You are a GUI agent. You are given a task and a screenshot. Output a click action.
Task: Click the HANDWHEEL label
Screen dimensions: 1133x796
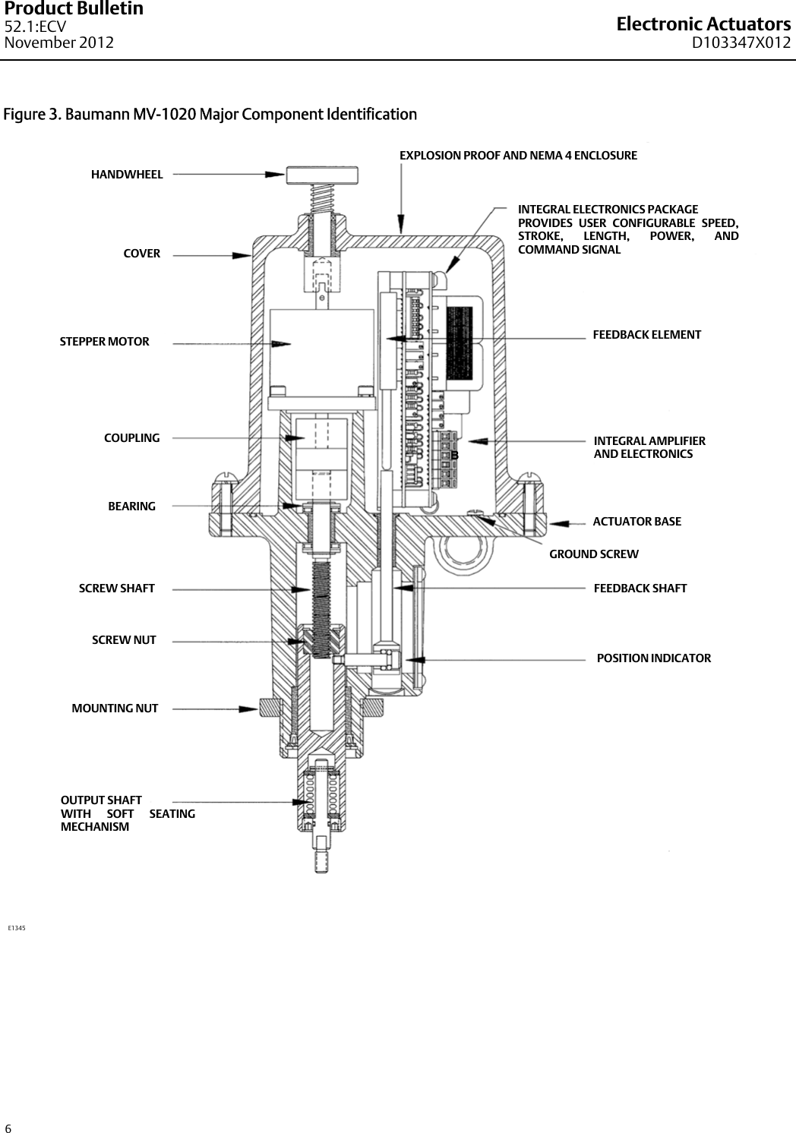pos(127,175)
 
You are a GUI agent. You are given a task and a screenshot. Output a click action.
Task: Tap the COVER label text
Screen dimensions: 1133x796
pos(142,254)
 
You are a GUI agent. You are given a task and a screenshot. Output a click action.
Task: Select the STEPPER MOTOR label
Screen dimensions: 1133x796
pos(105,342)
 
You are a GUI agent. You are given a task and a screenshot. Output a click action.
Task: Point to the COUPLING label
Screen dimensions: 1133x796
pos(132,438)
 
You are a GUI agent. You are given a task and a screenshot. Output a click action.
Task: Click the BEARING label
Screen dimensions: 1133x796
pos(132,507)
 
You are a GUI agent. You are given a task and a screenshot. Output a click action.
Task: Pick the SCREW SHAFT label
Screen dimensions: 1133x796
pos(117,589)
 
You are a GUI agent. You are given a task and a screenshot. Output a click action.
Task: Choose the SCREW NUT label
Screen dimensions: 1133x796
pos(124,640)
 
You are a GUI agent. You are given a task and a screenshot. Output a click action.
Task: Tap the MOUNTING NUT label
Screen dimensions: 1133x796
pos(115,709)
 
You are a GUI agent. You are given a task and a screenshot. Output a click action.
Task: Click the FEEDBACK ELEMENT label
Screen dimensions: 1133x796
pos(646,335)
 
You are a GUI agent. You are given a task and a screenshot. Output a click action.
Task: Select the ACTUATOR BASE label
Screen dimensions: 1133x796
pos(636,522)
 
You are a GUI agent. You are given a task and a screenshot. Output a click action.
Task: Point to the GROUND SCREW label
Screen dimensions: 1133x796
pos(594,554)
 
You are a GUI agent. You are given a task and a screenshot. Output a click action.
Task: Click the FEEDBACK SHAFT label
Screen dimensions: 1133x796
pos(640,589)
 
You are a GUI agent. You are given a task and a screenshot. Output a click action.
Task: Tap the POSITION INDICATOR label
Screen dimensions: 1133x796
pos(654,658)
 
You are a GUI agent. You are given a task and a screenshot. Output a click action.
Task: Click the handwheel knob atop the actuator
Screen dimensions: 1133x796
pos(322,175)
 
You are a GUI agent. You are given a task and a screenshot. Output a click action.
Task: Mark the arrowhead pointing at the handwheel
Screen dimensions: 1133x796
pos(276,174)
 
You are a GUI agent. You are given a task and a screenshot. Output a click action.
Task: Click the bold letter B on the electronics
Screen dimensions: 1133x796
pos(455,455)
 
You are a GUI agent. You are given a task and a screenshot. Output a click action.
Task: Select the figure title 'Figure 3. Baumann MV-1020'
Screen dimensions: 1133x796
pos(210,115)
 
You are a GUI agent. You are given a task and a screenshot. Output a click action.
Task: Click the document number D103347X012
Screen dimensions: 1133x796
pos(741,43)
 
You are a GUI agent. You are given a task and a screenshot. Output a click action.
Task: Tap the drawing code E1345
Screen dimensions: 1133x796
pos(17,928)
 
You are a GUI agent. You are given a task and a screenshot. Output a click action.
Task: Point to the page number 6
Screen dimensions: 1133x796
pos(8,1128)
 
